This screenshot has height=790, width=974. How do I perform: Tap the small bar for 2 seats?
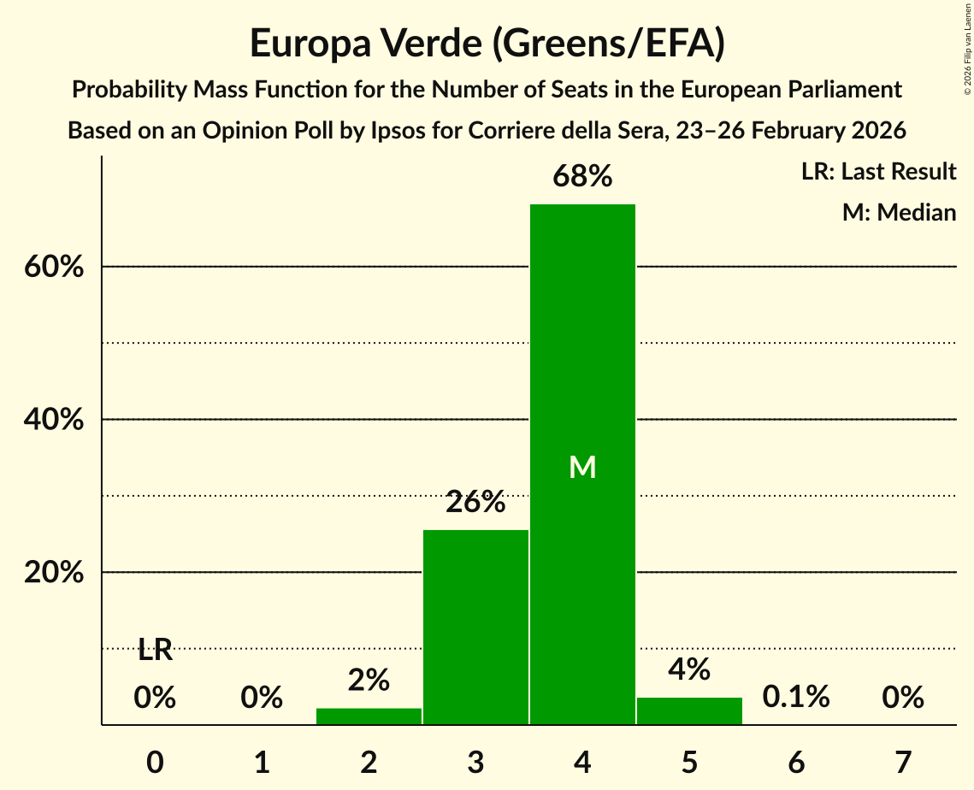[369, 716]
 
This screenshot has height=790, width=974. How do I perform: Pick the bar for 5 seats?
[689, 711]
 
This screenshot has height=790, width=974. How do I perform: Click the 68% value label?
[582, 177]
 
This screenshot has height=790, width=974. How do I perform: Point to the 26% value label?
[475, 503]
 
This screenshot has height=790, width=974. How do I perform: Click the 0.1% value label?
[796, 697]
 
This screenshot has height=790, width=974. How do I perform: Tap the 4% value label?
[689, 669]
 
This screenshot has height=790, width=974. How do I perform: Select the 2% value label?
[369, 681]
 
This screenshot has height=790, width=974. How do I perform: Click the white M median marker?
[582, 467]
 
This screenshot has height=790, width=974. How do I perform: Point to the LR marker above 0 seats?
[155, 651]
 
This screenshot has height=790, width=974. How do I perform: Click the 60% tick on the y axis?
[53, 267]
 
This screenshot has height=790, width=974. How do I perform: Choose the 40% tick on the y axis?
[53, 420]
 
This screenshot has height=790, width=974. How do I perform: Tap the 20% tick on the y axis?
[53, 573]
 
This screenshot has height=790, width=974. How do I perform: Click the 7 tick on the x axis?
[903, 761]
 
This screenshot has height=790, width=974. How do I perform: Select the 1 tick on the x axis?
[262, 761]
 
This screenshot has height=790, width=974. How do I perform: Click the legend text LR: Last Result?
[878, 172]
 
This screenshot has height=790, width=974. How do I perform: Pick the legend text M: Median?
[899, 212]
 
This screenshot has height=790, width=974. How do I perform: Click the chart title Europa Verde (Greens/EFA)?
[487, 44]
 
